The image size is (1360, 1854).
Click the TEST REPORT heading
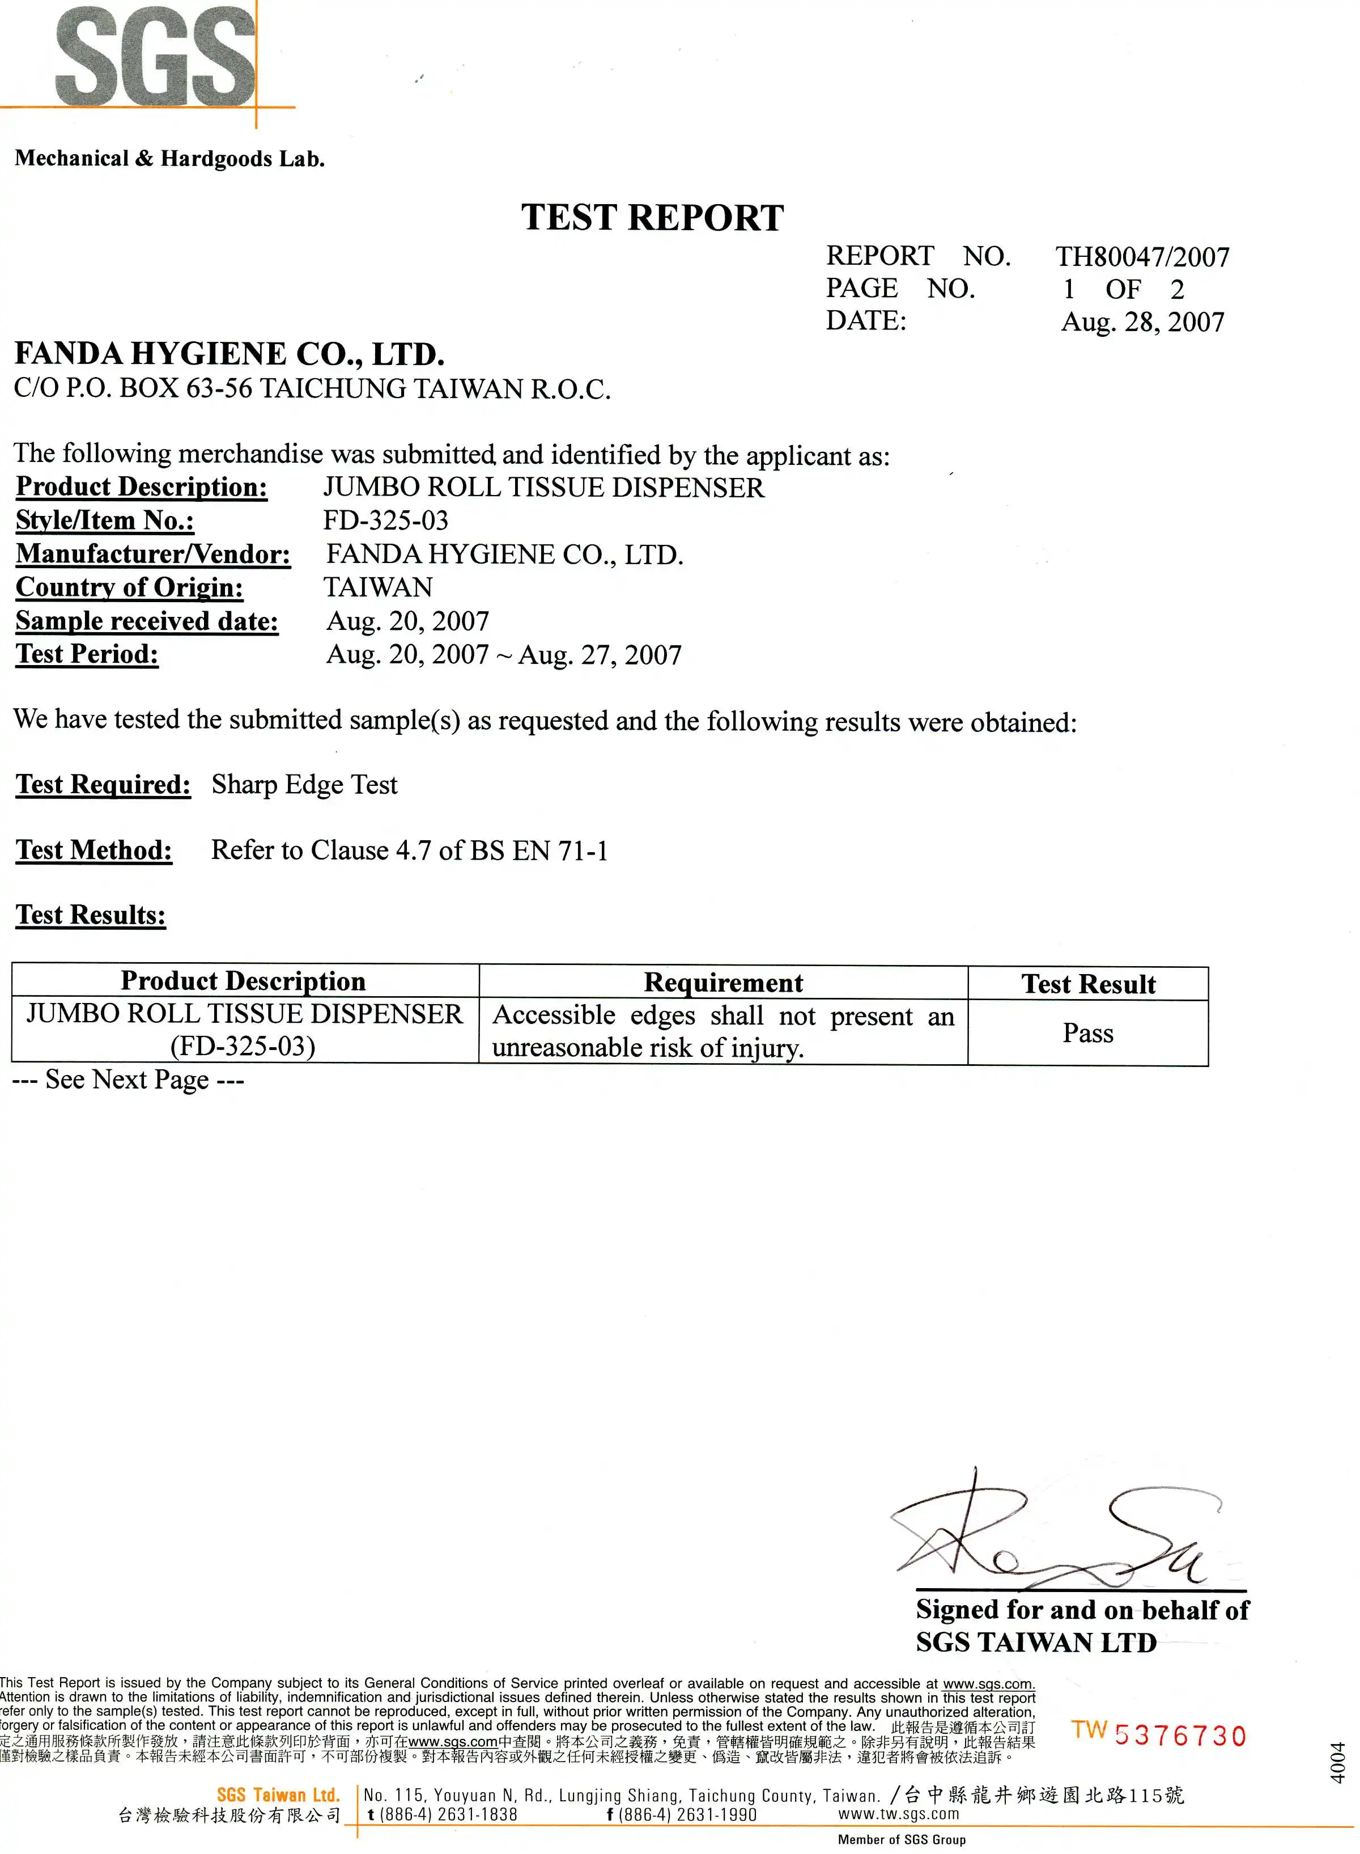(652, 218)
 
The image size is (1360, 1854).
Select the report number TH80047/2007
(1142, 257)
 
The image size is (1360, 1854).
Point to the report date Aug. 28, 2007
(1142, 322)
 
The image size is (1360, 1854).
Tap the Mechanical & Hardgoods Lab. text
(169, 159)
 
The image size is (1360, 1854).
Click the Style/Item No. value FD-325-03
(385, 520)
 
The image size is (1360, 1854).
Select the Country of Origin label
(129, 587)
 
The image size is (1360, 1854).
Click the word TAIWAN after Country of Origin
(378, 587)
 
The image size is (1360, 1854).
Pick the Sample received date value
(407, 621)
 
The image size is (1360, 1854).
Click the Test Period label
(87, 654)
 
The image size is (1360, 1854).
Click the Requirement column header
(723, 983)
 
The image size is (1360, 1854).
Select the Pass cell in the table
(1087, 1033)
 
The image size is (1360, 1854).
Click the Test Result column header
(1087, 984)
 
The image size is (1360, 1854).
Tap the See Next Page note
(129, 1080)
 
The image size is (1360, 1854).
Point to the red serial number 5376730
(1180, 1736)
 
